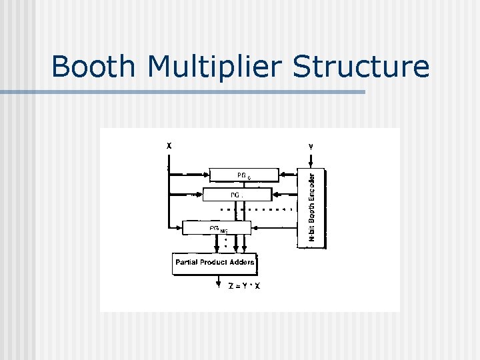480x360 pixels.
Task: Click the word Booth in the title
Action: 97,67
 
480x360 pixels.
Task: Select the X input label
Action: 169,145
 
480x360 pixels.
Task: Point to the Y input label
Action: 311,145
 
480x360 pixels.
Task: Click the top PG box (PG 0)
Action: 243,175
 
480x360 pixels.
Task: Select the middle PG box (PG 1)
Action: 237,195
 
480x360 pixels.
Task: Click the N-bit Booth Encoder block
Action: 311,207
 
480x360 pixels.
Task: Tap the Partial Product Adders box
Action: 215,263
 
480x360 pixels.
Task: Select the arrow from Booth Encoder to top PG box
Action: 288,175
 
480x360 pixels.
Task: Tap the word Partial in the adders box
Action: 187,263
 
